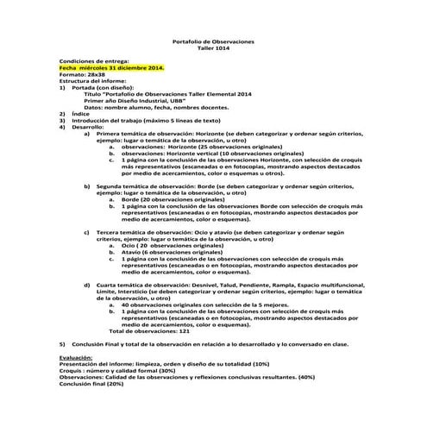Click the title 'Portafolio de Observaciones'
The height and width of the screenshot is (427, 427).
(214, 42)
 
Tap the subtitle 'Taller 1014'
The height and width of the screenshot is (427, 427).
(214, 49)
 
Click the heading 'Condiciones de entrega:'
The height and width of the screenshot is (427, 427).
(93, 61)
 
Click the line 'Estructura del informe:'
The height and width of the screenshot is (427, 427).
(93, 81)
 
